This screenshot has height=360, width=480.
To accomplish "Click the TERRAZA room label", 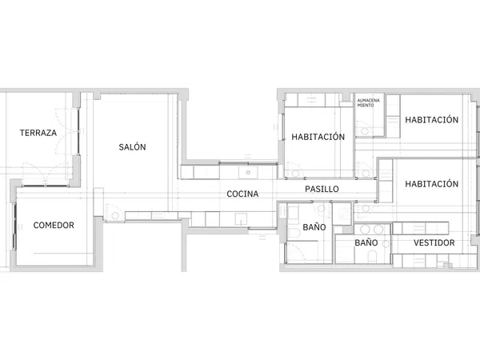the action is (38, 133).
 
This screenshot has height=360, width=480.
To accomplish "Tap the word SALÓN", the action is (132, 147).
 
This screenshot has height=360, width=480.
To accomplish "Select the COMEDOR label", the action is (54, 226).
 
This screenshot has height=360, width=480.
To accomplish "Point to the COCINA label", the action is (242, 194).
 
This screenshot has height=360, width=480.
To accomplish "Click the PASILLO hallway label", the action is (322, 189).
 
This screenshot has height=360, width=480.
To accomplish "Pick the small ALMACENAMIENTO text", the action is (368, 103).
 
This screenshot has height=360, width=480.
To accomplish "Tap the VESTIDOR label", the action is (434, 242).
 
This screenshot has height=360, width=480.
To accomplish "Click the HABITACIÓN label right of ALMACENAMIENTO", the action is (432, 120).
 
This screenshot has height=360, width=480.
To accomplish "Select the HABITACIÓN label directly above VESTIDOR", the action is (432, 184).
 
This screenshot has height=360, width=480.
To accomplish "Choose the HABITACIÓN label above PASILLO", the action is (318, 137).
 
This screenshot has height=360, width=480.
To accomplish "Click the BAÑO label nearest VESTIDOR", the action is (366, 242).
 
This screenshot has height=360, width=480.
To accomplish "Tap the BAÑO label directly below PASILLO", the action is (314, 227).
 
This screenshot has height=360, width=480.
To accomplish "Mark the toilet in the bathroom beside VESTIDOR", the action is (372, 257).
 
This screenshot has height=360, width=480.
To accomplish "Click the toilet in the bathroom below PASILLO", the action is (294, 234).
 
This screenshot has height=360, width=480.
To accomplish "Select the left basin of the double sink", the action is (365, 230).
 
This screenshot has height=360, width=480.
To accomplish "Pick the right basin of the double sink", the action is (378, 230).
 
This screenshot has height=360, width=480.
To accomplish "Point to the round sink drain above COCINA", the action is (248, 172).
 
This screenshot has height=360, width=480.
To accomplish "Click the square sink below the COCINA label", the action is (241, 219).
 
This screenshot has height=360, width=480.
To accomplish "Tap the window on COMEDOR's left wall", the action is (14, 226).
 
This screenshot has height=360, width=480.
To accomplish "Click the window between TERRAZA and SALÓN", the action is (78, 131).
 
